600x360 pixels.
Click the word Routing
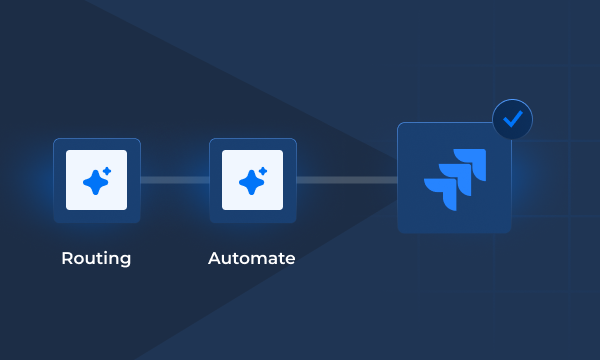click(x=96, y=258)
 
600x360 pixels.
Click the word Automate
click(x=252, y=258)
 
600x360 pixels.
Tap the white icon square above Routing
click(x=97, y=180)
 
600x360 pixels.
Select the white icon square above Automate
click(x=252, y=180)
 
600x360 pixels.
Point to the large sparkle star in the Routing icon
click(x=94, y=182)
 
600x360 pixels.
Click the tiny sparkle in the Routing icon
click(x=107, y=170)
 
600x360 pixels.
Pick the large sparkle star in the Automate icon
click(x=250, y=182)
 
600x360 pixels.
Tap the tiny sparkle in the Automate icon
click(x=263, y=170)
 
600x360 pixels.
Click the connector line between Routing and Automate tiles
click(x=175, y=180)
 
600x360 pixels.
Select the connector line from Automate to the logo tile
click(x=346, y=180)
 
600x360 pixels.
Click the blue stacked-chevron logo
click(x=455, y=178)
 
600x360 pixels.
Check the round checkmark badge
click(x=513, y=120)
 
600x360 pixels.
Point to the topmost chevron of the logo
click(x=473, y=160)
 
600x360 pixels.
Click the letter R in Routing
click(x=67, y=258)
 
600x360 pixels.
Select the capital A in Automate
click(x=215, y=258)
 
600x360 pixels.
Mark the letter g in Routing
click(x=125, y=260)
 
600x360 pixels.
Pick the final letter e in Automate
click(x=290, y=259)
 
